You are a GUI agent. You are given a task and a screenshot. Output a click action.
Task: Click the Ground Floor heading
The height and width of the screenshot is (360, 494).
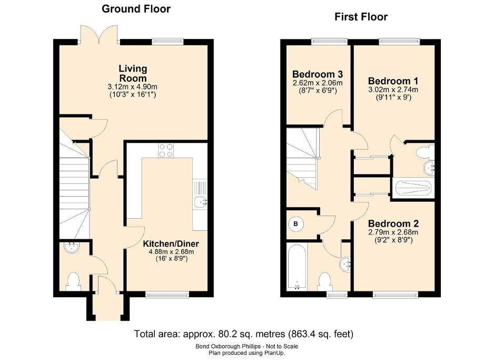tap(136, 8)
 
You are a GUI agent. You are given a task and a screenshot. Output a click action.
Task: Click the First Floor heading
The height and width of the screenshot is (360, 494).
tap(361, 17)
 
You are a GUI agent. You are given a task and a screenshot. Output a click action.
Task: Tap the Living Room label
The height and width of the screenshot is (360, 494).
tap(133, 73)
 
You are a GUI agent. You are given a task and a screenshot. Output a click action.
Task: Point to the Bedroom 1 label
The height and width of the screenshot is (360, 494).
tap(393, 81)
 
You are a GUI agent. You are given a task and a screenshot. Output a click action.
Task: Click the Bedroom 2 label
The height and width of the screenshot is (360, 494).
tap(393, 223)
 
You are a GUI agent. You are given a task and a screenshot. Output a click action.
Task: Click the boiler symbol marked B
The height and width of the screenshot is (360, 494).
tap(295, 223)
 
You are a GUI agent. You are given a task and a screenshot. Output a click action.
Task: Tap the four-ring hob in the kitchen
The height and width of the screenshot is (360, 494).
tap(166, 150)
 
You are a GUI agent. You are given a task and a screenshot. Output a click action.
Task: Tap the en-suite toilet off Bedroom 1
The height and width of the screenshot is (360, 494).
tap(424, 153)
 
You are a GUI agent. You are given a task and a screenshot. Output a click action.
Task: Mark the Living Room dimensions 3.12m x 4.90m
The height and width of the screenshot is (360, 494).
tap(133, 86)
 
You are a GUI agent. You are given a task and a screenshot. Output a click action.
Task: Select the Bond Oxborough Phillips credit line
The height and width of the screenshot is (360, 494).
tap(246, 346)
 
